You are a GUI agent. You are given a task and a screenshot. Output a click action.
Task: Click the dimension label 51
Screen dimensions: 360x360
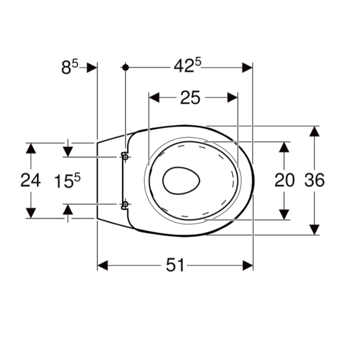[175, 265]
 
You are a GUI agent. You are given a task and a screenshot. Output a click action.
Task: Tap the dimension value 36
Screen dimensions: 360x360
[314, 180]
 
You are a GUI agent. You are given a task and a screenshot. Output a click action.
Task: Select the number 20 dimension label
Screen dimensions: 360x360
[284, 180]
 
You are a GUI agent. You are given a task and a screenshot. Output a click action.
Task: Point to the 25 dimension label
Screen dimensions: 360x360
[190, 98]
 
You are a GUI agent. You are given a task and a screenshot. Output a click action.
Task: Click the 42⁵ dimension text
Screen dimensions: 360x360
[187, 65]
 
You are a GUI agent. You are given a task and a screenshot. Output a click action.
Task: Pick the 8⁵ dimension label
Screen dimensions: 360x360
[70, 67]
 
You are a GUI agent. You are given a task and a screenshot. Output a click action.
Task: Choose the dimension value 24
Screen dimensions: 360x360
[31, 180]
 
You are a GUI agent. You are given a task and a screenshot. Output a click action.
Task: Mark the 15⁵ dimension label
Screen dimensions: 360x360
[67, 180]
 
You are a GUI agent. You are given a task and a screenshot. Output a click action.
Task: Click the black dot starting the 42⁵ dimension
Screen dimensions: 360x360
[126, 67]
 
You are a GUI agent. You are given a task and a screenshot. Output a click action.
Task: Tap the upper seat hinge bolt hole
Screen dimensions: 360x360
[126, 157]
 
